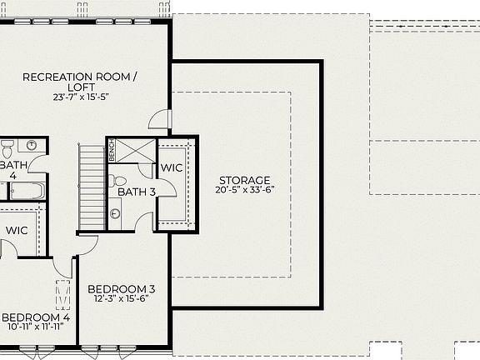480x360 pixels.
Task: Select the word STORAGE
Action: (x=245, y=180)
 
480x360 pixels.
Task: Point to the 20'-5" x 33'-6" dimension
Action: (x=245, y=190)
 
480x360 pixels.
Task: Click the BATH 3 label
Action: (x=137, y=192)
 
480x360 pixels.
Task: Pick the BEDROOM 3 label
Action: (x=122, y=289)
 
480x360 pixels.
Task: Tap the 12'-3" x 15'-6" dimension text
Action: (x=122, y=299)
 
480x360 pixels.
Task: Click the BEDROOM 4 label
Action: (x=36, y=317)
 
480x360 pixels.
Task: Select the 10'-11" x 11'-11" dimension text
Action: (x=37, y=327)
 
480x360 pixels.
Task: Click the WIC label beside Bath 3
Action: (x=172, y=167)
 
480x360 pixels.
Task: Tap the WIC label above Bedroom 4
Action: (x=17, y=229)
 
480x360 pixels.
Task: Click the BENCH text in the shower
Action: (x=111, y=152)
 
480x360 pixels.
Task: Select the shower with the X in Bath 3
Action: (x=133, y=150)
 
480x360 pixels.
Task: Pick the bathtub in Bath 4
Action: (x=26, y=191)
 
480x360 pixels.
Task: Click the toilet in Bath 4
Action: (x=7, y=149)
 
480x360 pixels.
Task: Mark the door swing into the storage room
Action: (x=160, y=118)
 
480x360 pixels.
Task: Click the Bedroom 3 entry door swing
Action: (x=87, y=244)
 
